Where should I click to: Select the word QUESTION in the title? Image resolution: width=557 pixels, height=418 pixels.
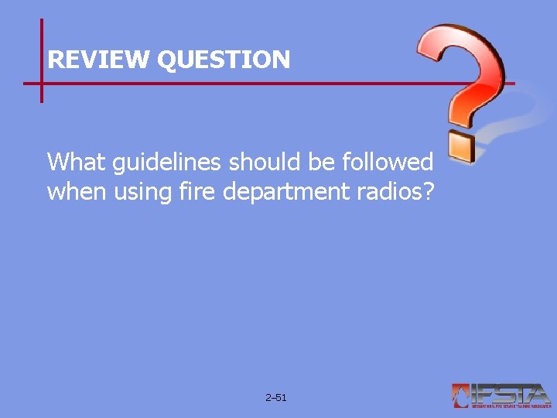(224, 60)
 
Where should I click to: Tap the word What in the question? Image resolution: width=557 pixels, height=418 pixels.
(75, 162)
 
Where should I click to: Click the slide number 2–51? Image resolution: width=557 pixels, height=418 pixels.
(275, 398)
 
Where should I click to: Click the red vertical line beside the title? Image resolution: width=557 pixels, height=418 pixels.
(41, 46)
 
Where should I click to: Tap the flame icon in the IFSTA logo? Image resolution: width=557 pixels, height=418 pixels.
(462, 395)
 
